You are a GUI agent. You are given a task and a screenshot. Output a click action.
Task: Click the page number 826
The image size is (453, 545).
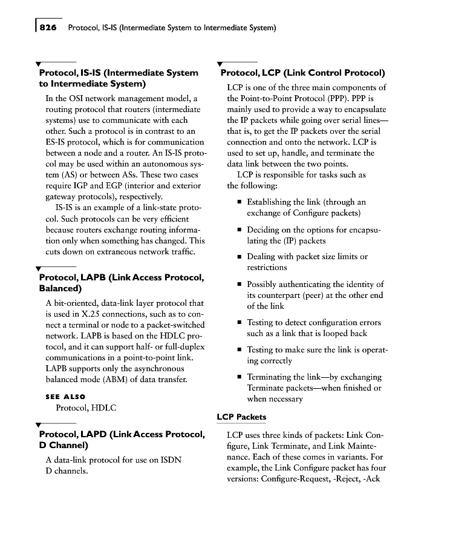point(50,27)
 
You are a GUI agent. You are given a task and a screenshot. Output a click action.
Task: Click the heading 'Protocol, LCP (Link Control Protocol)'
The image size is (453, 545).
point(302,73)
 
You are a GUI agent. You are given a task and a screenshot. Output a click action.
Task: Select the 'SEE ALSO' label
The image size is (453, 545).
point(66,397)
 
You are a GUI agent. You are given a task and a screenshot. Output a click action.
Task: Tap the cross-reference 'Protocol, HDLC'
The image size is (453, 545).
point(86,408)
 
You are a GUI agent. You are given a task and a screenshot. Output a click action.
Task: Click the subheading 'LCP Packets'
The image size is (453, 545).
point(241,417)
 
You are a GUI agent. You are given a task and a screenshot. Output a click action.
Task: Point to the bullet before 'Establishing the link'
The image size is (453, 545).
point(240,202)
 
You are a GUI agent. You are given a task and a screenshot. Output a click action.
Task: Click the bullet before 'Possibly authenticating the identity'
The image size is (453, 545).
point(240,284)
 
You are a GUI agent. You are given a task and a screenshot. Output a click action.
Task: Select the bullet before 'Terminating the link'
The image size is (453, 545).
point(240,377)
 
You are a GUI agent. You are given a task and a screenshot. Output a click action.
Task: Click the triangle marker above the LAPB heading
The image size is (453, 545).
point(39,268)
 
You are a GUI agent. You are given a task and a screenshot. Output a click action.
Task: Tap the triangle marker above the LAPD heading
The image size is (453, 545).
point(39,424)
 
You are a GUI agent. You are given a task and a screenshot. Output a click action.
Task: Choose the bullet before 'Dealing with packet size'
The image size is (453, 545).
point(240,257)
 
